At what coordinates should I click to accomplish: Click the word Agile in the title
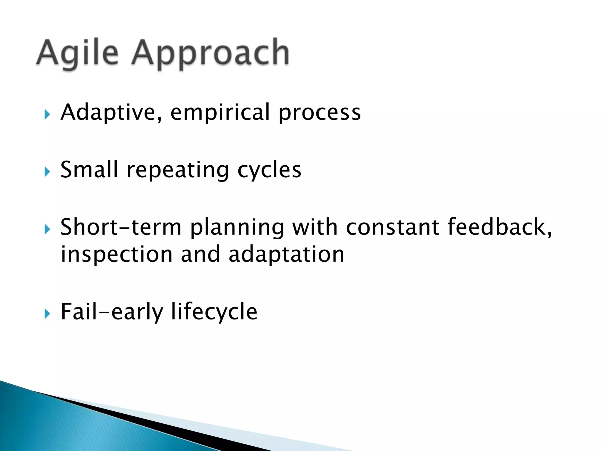tap(77, 53)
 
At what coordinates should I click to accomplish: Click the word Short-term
tap(121, 227)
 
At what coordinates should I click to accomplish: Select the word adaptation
tap(286, 254)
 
